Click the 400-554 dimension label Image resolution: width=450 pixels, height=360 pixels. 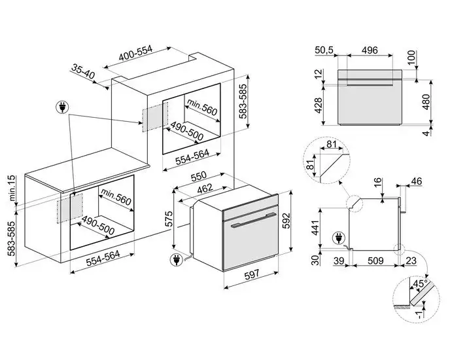click(x=135, y=54)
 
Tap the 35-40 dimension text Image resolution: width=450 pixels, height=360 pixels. click(x=83, y=72)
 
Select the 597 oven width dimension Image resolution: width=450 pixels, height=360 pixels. click(x=252, y=274)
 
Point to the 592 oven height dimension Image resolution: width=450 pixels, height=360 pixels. click(x=287, y=221)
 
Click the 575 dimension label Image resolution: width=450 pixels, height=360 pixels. click(x=169, y=219)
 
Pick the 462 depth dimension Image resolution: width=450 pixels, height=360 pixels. click(x=205, y=189)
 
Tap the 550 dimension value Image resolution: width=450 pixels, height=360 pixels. click(x=199, y=176)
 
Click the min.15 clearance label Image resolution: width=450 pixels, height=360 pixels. click(x=12, y=188)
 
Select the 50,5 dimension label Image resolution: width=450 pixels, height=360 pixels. click(x=324, y=50)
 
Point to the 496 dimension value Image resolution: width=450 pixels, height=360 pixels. click(x=370, y=50)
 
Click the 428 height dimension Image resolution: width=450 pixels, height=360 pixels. click(x=319, y=105)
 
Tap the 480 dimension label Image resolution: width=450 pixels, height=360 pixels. click(x=426, y=101)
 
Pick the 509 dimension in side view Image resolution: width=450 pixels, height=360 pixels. click(x=375, y=261)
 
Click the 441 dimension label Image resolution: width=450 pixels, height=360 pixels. click(x=316, y=228)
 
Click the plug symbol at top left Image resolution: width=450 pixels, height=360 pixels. click(x=62, y=107)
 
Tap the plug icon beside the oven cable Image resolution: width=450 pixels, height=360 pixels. click(x=177, y=260)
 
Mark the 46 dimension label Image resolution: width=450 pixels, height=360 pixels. click(x=417, y=181)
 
